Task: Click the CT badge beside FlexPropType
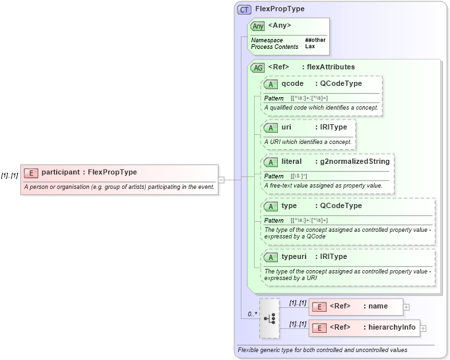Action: pos(244,9)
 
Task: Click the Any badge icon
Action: pos(258,26)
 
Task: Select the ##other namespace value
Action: pos(315,40)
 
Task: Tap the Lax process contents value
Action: pos(309,47)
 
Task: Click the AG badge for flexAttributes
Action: pos(257,67)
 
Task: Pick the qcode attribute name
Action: pos(292,84)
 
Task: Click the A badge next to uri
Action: pos(270,127)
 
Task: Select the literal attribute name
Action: pos(292,161)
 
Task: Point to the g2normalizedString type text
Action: pos(353,161)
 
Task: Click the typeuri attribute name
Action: pos(294,256)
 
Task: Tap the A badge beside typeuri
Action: pos(270,257)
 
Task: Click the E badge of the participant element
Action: pos(30,172)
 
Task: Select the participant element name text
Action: pos(61,172)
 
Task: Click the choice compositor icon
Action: pos(269,318)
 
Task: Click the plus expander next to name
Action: pos(406,306)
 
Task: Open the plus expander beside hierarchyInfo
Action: pos(423,328)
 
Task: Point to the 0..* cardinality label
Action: pos(251,314)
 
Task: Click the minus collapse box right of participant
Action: pos(221,179)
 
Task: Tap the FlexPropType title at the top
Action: pos(280,9)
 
